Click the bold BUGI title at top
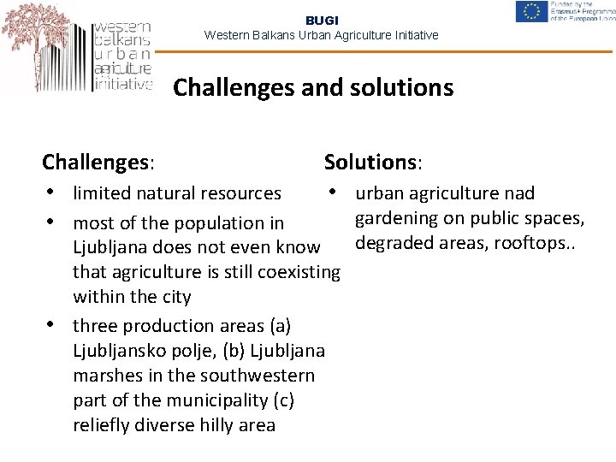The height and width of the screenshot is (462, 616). pyautogui.click(x=322, y=20)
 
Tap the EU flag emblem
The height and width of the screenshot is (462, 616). pyautogui.click(x=532, y=12)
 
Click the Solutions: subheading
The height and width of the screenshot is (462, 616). pyautogui.click(x=374, y=161)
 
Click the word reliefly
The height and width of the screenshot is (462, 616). pyautogui.click(x=101, y=425)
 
